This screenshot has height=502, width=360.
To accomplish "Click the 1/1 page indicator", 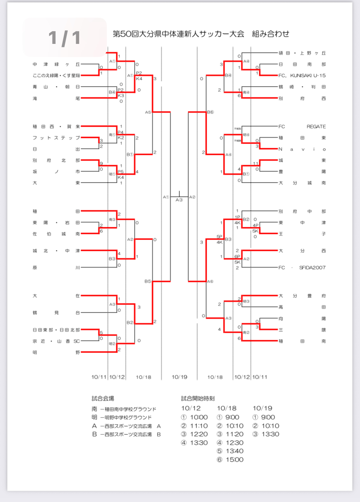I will click(64, 38).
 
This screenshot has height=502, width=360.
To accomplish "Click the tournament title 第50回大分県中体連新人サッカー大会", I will click(178, 34).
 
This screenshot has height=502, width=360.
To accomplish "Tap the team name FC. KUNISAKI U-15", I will click(302, 75).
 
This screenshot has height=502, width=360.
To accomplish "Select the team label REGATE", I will click(316, 126).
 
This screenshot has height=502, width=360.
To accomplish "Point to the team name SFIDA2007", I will click(312, 268).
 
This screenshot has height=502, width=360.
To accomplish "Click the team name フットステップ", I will click(56, 138).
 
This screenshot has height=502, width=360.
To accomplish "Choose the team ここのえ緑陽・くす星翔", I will click(56, 75).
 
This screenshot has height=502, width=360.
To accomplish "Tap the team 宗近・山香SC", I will click(56, 341).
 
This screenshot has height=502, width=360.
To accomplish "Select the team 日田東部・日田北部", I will click(56, 330).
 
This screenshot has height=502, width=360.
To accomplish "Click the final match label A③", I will click(179, 200).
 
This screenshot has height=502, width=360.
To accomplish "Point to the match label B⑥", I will click(210, 112).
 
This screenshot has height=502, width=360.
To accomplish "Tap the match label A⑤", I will click(148, 112).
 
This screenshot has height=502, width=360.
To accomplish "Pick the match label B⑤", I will click(148, 281).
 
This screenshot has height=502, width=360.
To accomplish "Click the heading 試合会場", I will click(103, 398).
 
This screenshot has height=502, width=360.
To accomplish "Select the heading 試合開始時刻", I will click(198, 398).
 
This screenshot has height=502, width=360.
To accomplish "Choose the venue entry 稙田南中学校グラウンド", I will click(127, 409).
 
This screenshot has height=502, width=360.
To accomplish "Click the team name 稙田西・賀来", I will click(56, 126).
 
